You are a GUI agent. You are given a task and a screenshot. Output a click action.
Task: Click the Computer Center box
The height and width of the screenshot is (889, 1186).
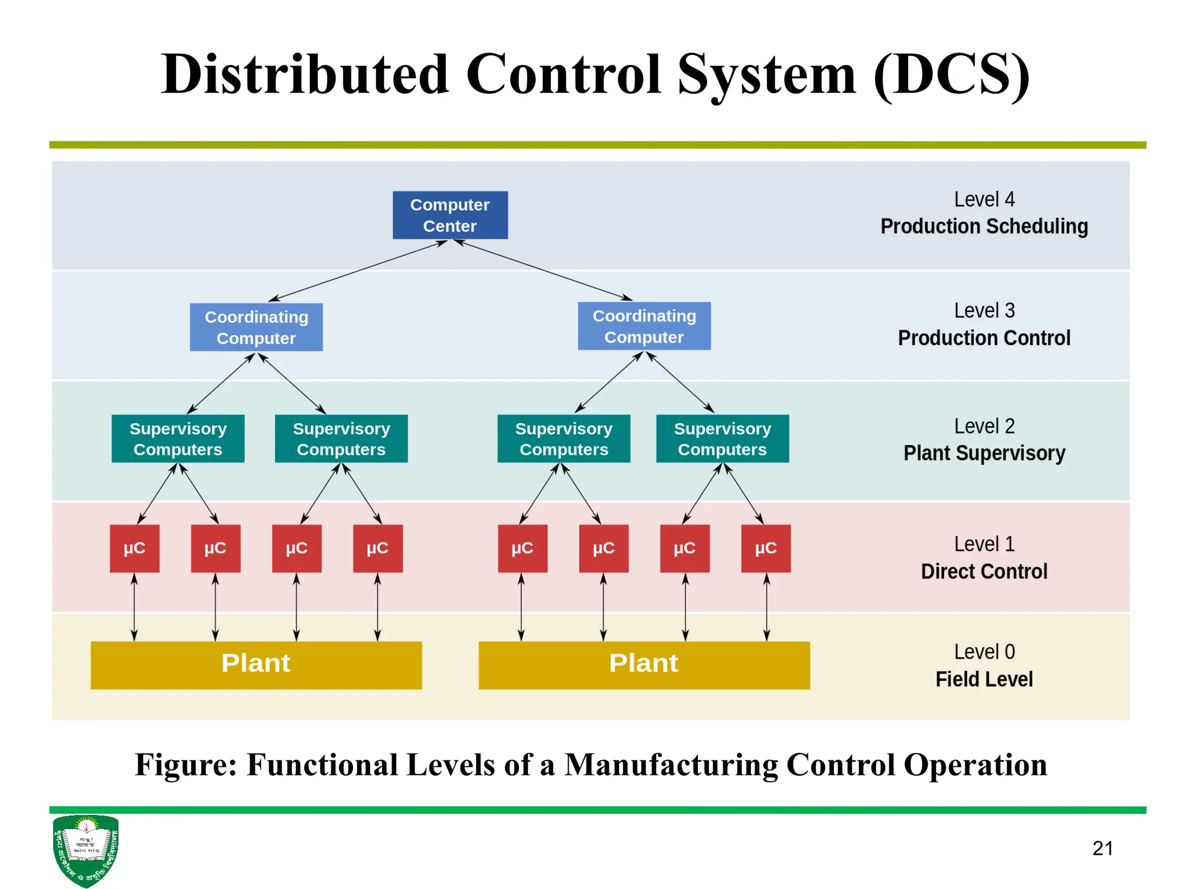click(450, 215)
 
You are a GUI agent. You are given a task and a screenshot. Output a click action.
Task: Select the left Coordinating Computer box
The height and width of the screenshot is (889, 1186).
click(256, 328)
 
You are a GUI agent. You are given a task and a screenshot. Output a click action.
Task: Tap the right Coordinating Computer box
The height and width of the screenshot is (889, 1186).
click(644, 326)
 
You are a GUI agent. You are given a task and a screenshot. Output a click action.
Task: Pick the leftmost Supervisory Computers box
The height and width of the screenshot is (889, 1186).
click(178, 439)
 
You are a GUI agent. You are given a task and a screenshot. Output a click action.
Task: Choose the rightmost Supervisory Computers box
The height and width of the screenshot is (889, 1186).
click(722, 439)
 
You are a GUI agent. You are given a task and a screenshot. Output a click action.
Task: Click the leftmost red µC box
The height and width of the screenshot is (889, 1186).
click(134, 549)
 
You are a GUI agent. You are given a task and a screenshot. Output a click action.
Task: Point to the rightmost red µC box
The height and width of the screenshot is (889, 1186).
click(766, 549)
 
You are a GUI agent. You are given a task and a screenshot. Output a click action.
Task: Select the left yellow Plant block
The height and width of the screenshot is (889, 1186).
click(256, 665)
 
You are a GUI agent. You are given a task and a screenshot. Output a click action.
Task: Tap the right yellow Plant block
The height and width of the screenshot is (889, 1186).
click(644, 665)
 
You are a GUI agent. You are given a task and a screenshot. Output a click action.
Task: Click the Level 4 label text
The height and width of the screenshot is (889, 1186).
click(984, 200)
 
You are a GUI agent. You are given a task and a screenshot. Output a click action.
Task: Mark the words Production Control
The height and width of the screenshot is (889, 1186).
click(984, 338)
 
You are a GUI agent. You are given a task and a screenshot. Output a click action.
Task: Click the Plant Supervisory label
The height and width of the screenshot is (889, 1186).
click(984, 453)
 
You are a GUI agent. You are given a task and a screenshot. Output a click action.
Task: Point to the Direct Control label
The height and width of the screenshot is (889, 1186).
click(984, 572)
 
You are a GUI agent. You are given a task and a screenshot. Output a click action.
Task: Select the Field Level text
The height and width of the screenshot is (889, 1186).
click(984, 679)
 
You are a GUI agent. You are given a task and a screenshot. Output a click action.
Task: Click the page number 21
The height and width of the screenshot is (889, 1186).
click(1102, 848)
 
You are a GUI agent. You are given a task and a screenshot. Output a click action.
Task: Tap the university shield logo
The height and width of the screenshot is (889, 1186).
click(86, 850)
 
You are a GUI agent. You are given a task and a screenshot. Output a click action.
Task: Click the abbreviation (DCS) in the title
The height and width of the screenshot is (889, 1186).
click(951, 75)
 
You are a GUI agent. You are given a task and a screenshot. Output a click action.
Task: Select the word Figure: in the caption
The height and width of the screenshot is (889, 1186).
click(186, 765)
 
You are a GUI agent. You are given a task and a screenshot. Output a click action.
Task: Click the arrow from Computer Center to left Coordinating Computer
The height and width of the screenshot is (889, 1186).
click(358, 270)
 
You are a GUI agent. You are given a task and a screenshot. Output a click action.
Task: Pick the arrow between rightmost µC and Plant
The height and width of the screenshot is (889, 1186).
click(766, 607)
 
